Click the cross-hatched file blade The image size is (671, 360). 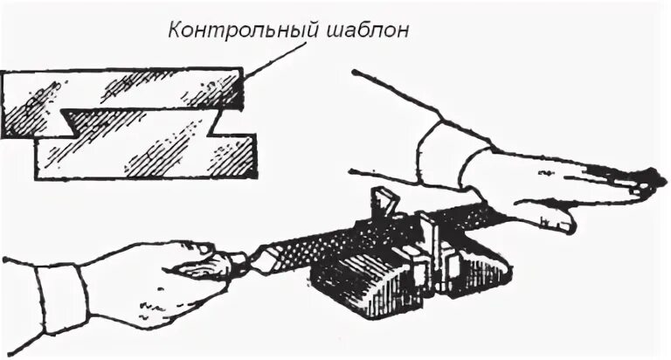[x=367, y=232]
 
